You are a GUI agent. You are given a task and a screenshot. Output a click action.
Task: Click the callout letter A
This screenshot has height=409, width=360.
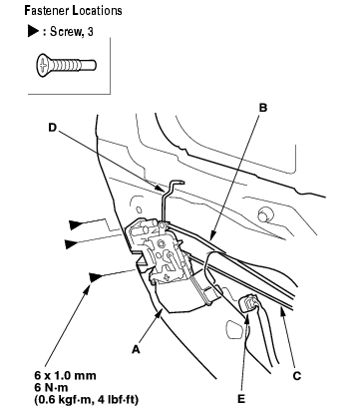point(136,349)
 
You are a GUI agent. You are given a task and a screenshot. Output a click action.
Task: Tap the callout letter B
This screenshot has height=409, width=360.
point(263,108)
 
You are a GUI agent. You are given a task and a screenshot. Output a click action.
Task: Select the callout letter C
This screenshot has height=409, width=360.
point(297,376)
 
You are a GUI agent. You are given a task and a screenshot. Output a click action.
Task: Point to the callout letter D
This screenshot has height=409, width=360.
point(53,128)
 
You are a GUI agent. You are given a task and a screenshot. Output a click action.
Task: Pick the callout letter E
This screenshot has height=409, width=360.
point(241,398)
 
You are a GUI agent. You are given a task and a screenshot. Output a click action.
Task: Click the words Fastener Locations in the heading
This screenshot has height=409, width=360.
point(73,11)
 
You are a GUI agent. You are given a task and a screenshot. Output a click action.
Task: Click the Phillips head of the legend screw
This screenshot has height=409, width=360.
point(43,65)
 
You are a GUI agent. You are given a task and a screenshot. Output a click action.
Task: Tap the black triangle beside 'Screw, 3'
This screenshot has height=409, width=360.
point(33,32)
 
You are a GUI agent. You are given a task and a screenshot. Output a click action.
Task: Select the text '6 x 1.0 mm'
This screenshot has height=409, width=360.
point(65,376)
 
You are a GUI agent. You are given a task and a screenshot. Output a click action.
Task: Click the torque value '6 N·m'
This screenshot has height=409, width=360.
point(51,387)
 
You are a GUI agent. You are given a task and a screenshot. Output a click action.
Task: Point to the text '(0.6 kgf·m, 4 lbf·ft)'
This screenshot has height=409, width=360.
point(86,399)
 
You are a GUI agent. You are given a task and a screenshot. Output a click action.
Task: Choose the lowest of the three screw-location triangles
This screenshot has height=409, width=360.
point(95,277)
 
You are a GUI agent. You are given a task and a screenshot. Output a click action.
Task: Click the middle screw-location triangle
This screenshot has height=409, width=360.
point(71,244)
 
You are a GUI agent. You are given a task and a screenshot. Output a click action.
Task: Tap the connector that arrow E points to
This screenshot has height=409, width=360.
point(248,303)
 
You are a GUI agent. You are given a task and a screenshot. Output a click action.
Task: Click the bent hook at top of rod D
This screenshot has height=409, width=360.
point(177,183)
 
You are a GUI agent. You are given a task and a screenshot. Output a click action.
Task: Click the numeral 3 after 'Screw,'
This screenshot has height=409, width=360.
point(90,32)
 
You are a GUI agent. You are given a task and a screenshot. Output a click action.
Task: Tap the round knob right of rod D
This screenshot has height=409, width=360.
point(263,214)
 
